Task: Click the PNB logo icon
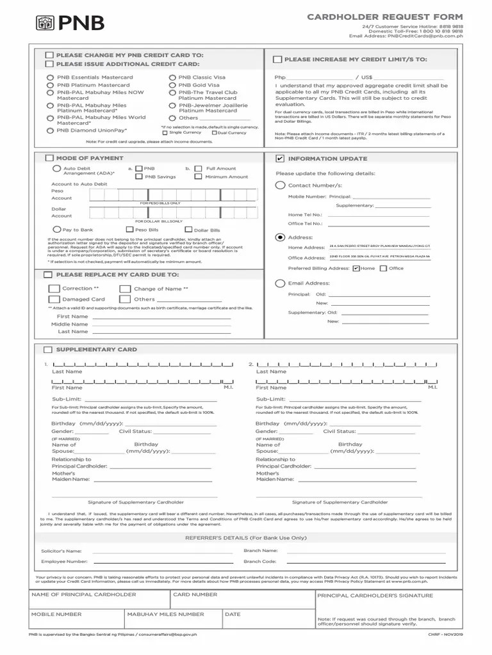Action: click(x=45, y=24)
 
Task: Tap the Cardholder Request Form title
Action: click(x=384, y=16)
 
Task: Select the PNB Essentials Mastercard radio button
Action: click(x=50, y=77)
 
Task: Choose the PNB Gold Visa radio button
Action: click(x=172, y=85)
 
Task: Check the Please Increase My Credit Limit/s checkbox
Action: click(x=277, y=59)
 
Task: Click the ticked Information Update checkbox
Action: click(x=280, y=159)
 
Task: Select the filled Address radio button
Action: click(x=280, y=237)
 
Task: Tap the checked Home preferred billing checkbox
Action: click(x=356, y=269)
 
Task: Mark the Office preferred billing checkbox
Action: click(x=384, y=269)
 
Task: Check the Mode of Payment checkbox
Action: click(x=49, y=158)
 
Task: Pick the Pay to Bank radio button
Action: click(x=57, y=229)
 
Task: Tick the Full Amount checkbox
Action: click(x=199, y=169)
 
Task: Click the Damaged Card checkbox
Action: click(x=54, y=299)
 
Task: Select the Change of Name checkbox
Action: click(x=126, y=289)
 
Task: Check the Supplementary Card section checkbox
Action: click(x=49, y=350)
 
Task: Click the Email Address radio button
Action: click(x=280, y=283)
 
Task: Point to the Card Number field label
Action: click(x=195, y=595)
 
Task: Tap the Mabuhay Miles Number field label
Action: click(x=165, y=615)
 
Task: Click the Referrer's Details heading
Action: click(x=246, y=538)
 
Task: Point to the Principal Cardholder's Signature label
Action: click(x=375, y=596)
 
